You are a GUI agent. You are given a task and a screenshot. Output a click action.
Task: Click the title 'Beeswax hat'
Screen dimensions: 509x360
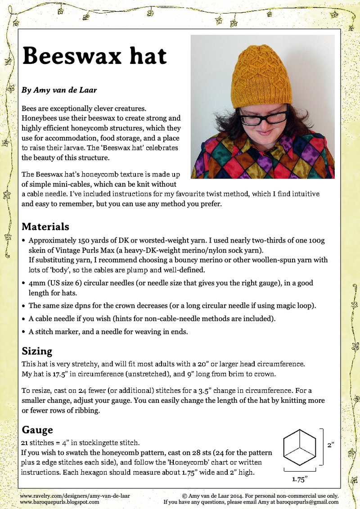click(x=94, y=56)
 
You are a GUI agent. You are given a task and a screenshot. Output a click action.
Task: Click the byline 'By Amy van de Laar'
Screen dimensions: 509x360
click(x=59, y=90)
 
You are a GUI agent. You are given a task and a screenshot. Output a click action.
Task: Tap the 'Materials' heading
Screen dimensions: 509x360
click(x=45, y=226)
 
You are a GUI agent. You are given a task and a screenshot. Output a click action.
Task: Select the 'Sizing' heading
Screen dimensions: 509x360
click(x=37, y=351)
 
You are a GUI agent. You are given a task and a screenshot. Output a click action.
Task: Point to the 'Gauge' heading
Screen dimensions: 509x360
click(x=37, y=430)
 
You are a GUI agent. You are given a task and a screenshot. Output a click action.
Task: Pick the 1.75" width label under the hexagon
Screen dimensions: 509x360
click(x=300, y=479)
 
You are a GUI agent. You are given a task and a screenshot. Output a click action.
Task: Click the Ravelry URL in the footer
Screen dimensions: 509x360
click(x=75, y=495)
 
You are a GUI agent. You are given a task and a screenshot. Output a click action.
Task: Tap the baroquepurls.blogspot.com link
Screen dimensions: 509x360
click(x=60, y=501)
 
